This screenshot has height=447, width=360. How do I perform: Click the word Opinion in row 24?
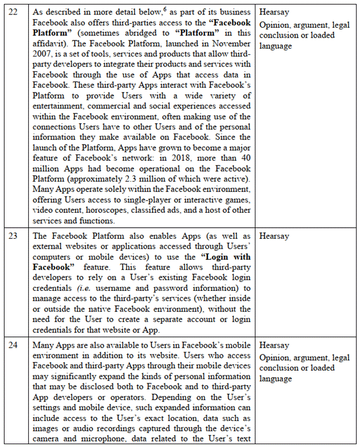click(x=274, y=357)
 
